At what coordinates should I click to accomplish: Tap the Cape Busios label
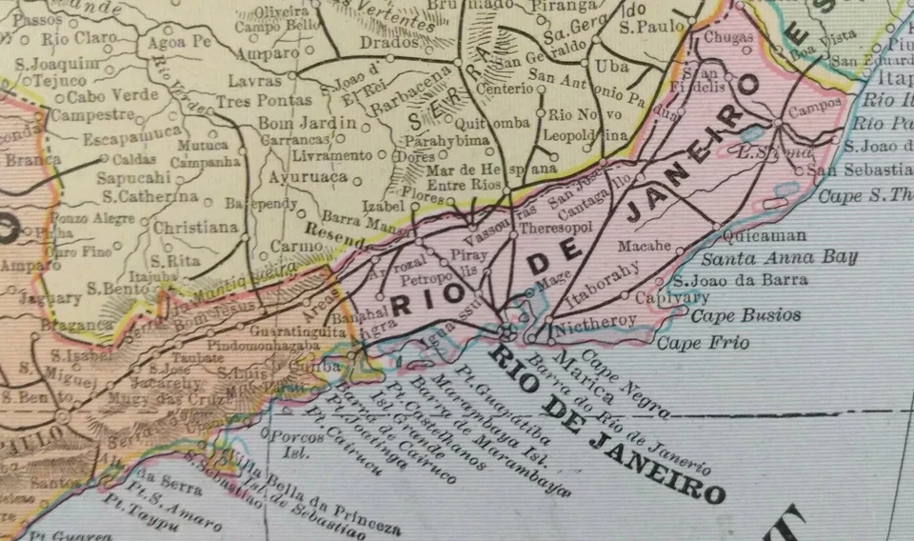tap(745, 315)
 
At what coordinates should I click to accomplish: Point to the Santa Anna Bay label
tap(780, 256)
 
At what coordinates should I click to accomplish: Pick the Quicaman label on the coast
tap(765, 234)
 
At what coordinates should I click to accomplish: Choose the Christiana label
tap(195, 228)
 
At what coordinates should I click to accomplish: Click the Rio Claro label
tap(79, 40)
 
